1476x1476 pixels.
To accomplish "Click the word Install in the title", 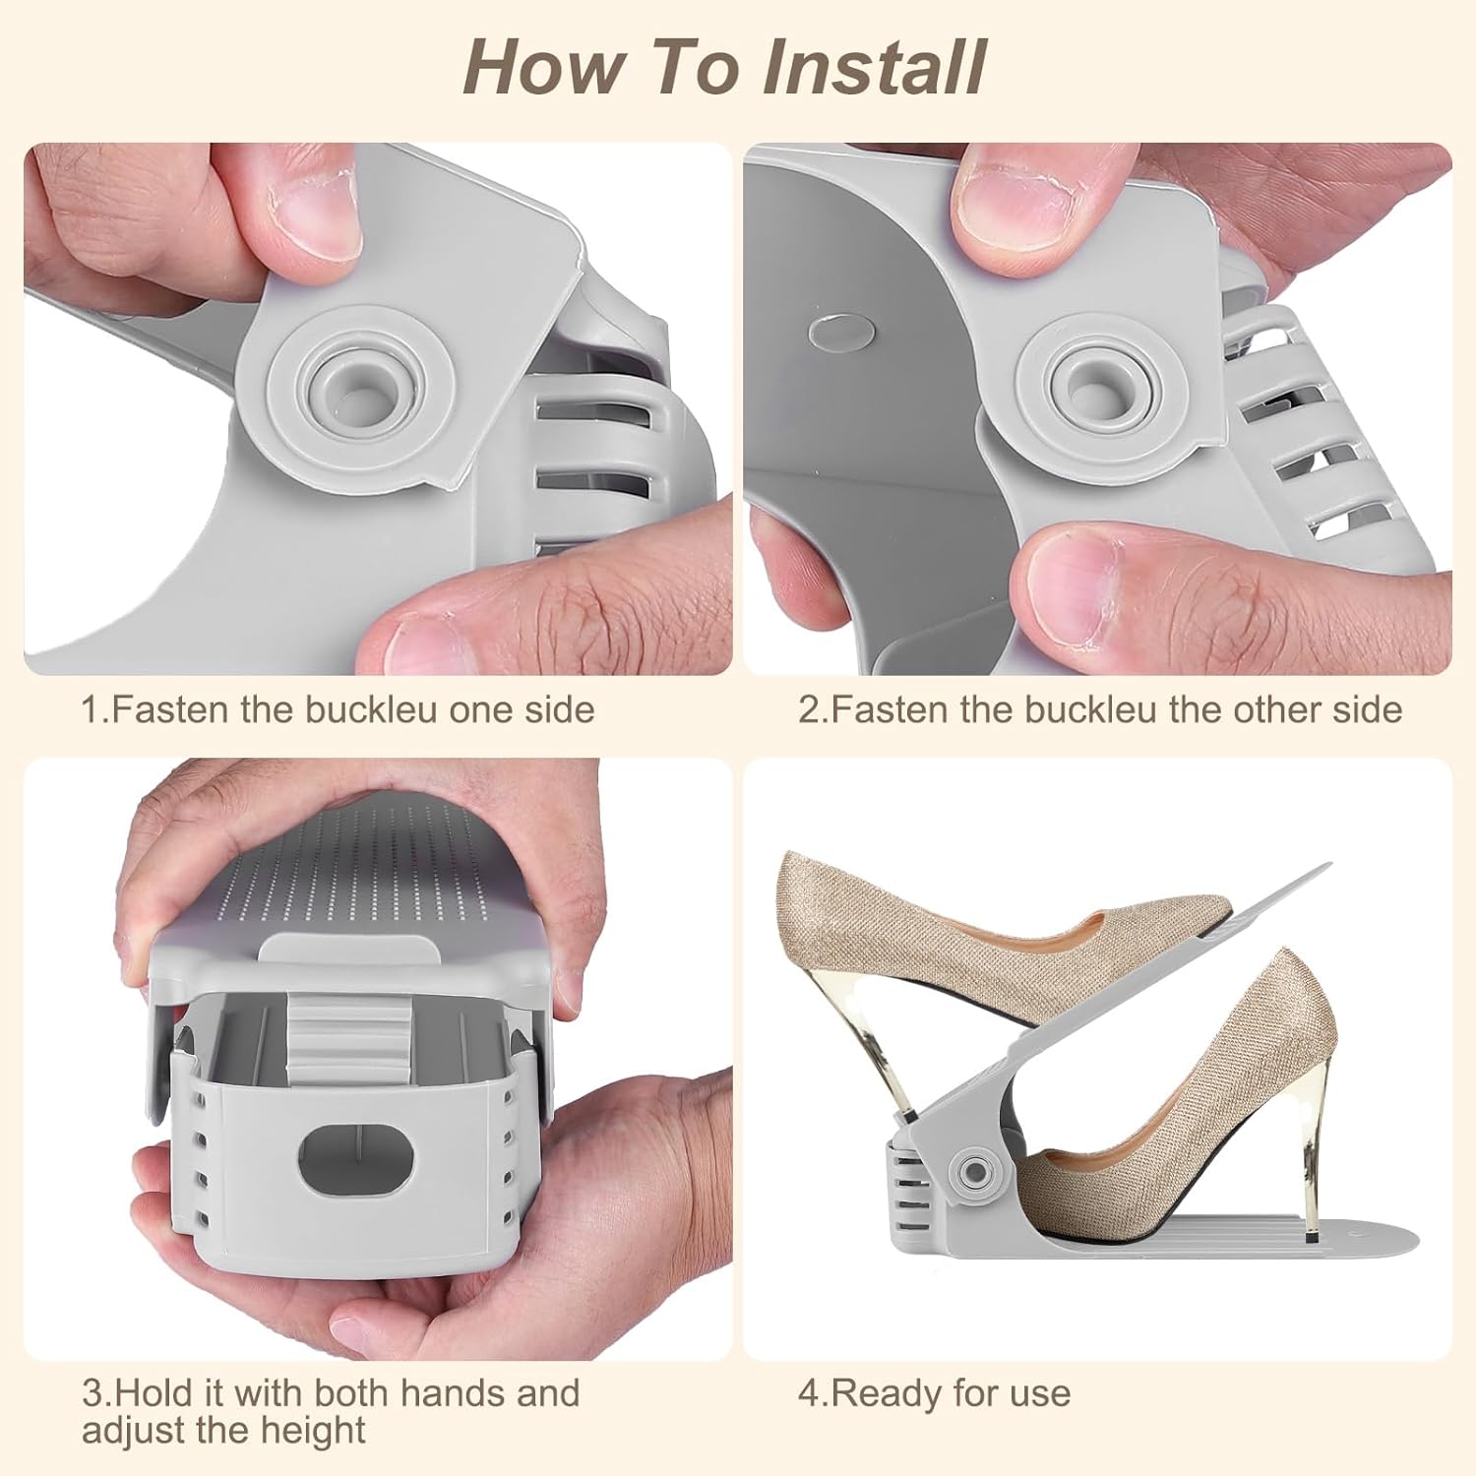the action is pos(874,67).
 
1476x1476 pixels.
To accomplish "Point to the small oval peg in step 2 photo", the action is pos(836,330).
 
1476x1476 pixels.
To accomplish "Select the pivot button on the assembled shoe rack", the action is pos(975,1171).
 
